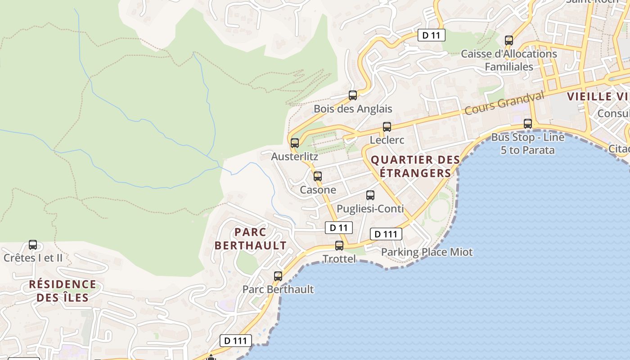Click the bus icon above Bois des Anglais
353,95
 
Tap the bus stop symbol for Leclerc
387,127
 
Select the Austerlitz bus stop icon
295,143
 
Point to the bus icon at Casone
318,176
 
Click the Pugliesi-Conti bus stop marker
370,195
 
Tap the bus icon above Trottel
339,246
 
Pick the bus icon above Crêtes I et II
33,245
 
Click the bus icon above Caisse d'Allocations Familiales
509,40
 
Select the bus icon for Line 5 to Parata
528,124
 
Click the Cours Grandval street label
504,103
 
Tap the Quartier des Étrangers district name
415,166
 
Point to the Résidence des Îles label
63,291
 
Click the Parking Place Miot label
427,252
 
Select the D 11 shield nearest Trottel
338,228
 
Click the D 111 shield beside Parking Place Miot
386,234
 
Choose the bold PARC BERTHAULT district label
250,239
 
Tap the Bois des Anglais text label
353,109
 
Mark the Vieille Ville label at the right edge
598,96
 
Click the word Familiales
508,67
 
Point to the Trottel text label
339,259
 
